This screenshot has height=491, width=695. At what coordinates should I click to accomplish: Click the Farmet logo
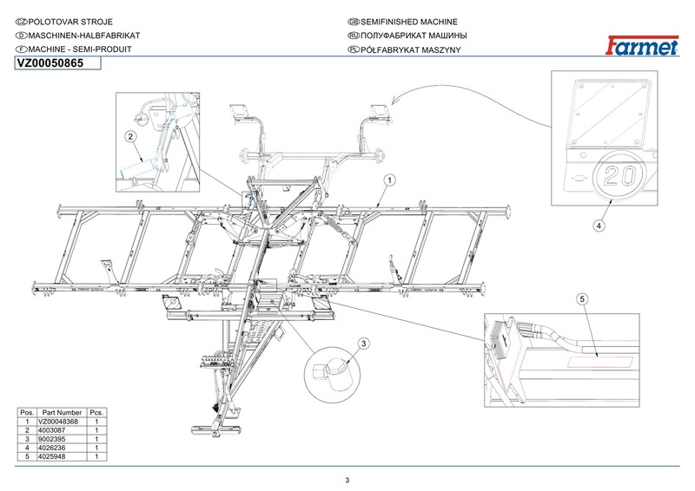642,45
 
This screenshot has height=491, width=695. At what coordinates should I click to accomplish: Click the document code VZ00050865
50,63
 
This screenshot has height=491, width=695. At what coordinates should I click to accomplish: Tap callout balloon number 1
389,180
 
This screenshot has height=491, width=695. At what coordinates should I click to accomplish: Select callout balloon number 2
130,137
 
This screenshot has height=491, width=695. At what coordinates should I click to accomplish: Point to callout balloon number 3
363,344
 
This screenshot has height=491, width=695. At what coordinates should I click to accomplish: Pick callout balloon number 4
599,226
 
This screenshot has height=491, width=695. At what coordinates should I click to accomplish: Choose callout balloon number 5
582,299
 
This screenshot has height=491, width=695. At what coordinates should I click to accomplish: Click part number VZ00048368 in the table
58,422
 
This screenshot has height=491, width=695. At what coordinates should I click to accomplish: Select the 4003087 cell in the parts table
52,430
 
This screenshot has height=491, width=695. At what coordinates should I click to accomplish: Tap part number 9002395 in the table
52,439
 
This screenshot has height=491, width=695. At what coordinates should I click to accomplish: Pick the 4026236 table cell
52,448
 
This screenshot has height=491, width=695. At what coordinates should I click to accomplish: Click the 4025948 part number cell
52,456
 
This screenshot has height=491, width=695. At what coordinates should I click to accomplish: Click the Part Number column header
62,413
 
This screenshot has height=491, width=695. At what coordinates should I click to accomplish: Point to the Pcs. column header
96,413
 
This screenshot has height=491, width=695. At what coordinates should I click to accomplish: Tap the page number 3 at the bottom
347,481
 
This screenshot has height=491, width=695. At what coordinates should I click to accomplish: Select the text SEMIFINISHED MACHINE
408,22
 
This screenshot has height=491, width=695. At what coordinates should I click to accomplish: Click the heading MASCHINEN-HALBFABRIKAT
83,36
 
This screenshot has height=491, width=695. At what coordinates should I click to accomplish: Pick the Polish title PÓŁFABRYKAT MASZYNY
410,49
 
